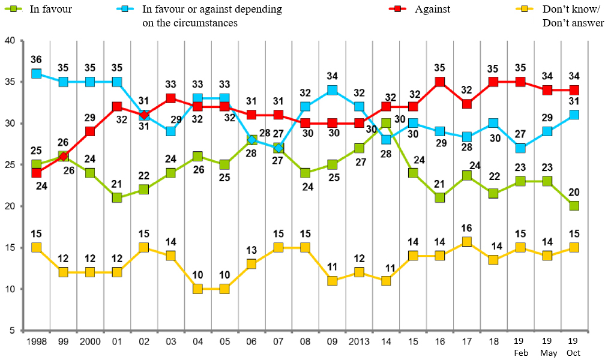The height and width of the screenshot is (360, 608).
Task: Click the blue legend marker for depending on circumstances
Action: coord(124,10)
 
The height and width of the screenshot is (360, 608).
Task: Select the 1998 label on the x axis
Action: coord(36,341)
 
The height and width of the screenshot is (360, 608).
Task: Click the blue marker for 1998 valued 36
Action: coord(36,74)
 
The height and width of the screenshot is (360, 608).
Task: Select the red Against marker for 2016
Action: coord(440,82)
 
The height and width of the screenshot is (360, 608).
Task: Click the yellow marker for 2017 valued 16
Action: coord(466,242)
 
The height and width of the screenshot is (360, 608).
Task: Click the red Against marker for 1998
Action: coord(36,173)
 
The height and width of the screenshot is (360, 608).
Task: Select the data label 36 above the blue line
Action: coord(36,60)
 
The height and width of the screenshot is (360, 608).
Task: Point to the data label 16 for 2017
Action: coord(466,227)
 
